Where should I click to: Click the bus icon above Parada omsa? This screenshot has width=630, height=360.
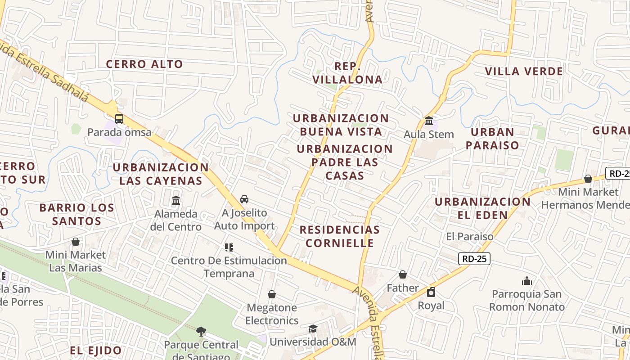tap(119, 119)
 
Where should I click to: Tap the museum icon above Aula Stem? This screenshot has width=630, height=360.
tap(429, 121)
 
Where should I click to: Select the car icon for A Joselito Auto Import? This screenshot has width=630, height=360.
tap(244, 199)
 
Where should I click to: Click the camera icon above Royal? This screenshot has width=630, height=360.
tap(431, 292)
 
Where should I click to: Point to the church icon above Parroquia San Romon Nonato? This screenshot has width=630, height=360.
tap(527, 281)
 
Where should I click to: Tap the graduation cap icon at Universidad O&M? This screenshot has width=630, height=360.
tap(313, 328)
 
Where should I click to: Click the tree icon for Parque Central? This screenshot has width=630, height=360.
tap(201, 332)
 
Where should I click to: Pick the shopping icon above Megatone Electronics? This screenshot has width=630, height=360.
tap(272, 295)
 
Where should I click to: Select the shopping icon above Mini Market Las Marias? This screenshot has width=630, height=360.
tap(76, 242)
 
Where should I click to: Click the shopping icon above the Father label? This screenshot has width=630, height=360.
tap(403, 274)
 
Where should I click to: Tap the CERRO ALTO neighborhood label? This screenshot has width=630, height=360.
tap(144, 64)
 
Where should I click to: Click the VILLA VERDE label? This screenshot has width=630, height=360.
tap(524, 71)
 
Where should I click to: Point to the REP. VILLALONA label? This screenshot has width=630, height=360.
tap(347, 73)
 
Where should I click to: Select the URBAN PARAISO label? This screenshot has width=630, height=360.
tap(492, 139)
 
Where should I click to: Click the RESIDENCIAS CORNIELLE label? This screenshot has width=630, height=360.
tap(340, 236)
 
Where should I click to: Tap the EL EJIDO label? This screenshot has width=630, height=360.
tap(96, 351)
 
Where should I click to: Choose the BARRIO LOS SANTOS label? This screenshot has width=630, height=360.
tap(76, 215)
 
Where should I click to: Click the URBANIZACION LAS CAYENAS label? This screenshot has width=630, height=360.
tap(161, 174)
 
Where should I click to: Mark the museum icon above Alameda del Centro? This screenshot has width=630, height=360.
tap(176, 200)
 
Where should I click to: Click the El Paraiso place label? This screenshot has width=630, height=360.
tap(470, 236)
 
